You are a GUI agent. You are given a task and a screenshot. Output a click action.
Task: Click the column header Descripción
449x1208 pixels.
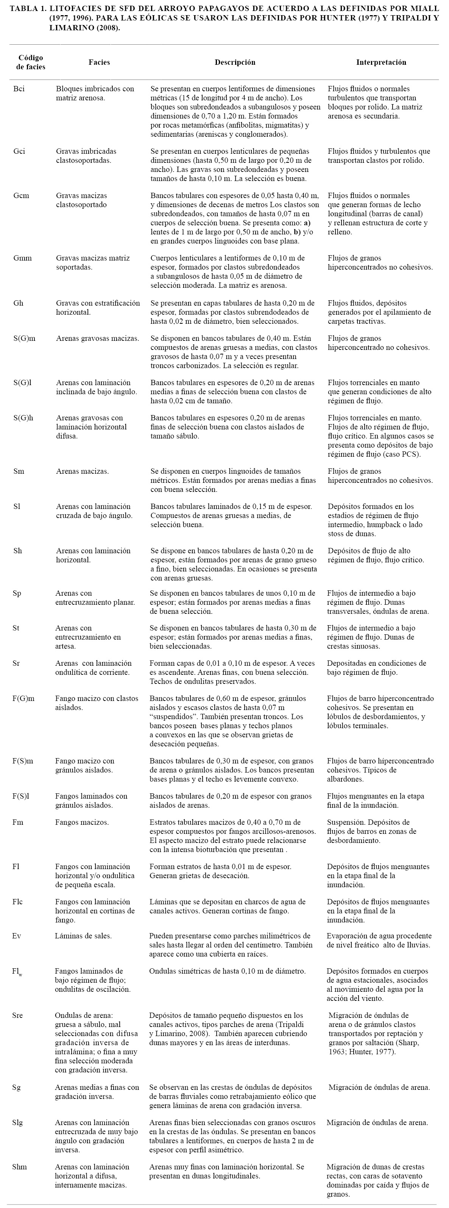coord(235,62)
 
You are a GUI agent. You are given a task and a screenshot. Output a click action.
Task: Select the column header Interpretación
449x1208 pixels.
coord(381,62)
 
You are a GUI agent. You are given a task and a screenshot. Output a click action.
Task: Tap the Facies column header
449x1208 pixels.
coord(99,62)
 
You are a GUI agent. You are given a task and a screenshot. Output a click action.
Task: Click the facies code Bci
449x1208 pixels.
coord(19,89)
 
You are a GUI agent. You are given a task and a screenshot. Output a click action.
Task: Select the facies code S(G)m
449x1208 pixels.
coord(24,338)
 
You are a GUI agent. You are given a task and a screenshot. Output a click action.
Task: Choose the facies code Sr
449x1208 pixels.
coord(16,663)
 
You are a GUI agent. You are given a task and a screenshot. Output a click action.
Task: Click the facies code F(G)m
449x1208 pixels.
coord(23,698)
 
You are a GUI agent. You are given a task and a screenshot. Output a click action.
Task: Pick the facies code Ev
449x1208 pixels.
coord(17,936)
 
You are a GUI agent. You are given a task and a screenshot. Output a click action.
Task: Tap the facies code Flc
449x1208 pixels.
coord(18,901)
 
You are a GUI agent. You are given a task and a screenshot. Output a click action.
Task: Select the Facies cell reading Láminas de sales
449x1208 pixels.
coord(83,936)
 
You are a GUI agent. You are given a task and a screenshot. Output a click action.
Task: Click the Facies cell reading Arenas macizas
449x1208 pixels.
coord(82,471)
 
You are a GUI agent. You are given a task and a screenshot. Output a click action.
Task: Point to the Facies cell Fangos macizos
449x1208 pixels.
coord(82,822)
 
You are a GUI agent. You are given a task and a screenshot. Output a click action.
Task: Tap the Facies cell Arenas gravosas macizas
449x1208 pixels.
coord(98,338)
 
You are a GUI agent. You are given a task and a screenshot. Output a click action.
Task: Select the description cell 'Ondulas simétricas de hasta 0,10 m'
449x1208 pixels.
coord(227,971)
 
